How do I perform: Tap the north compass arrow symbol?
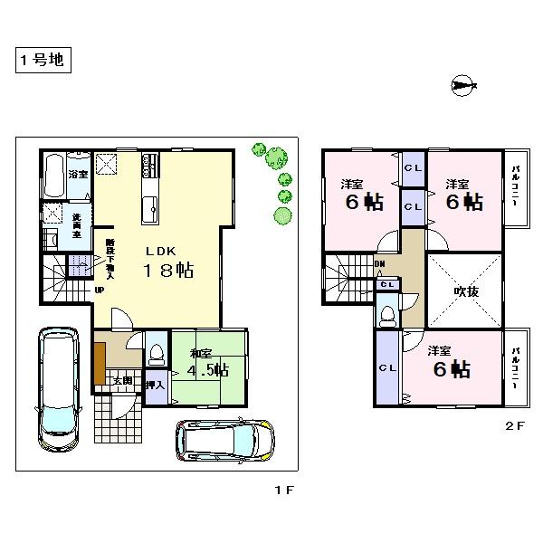(462, 87)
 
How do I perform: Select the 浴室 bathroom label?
(78, 174)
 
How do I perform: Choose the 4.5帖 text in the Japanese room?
(209, 369)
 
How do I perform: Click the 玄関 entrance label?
(122, 380)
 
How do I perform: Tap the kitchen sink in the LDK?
(149, 209)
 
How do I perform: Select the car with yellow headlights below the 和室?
(224, 441)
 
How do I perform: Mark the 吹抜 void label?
(464, 292)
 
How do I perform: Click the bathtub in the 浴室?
(52, 176)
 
